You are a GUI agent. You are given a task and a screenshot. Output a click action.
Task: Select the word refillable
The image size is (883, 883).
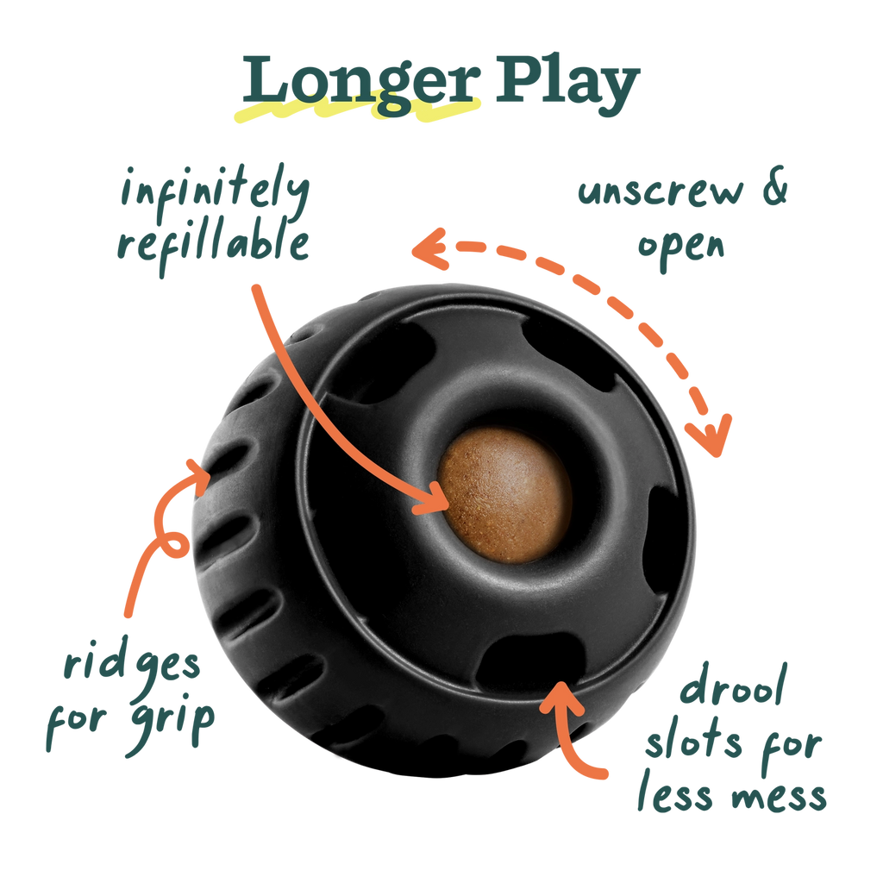[x=213, y=245]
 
